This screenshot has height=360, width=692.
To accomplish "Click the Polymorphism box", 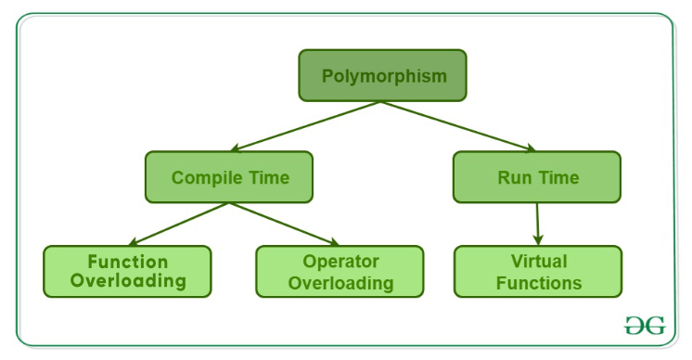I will pos(383,75).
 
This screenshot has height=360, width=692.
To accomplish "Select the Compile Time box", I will pos(229,177).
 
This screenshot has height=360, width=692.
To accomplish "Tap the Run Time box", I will pos(537,177).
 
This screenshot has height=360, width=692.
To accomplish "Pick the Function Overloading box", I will pos(127,271).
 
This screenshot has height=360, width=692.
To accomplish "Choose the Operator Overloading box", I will pos(340,271).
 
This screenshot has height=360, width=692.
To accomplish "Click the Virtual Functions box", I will pos(537,271).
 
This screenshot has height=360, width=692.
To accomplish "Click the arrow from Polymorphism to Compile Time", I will pos(306,126).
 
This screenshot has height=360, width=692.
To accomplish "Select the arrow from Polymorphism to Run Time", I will pos(459,126).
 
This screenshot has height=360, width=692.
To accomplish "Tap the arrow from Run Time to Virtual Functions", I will pos(538,224).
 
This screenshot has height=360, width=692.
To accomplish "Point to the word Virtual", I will pos(538,261).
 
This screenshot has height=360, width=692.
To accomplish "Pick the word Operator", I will pos(340,261).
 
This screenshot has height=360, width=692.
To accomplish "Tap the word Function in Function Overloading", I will pos(127,261).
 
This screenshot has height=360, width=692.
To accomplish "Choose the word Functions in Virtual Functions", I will pos(538,282).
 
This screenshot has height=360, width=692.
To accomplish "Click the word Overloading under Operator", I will pos(340,282).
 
